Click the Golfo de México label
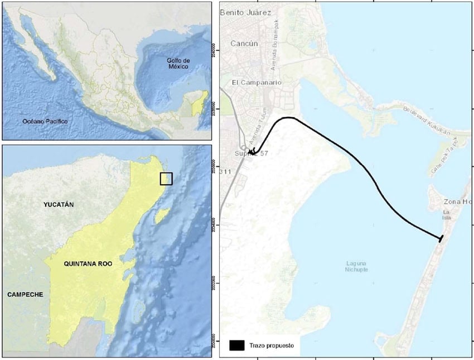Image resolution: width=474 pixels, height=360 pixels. pyautogui.click(x=179, y=63)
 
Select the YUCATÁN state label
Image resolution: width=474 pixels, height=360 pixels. pyautogui.click(x=59, y=205)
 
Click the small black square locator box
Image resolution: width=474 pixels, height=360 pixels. pyautogui.click(x=166, y=179)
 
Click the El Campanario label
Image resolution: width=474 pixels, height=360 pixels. pyautogui.click(x=257, y=83)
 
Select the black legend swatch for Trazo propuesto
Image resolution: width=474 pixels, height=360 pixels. pyautogui.click(x=237, y=345)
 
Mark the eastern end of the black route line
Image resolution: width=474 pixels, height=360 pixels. pyautogui.click(x=441, y=239)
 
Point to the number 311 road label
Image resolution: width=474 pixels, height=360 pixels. pyautogui.click(x=225, y=171)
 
